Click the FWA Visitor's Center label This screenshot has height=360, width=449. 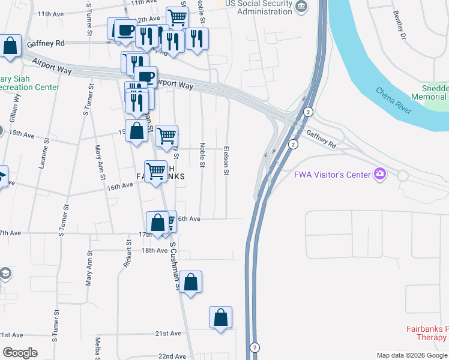pos(331,175)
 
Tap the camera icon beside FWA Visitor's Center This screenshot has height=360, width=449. pos(379,175)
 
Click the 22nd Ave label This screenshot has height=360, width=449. pos(172,356)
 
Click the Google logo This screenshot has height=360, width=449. pos(20,353)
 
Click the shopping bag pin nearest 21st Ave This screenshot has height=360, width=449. pos(221,317)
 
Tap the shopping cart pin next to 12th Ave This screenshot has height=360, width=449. pos(178,18)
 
